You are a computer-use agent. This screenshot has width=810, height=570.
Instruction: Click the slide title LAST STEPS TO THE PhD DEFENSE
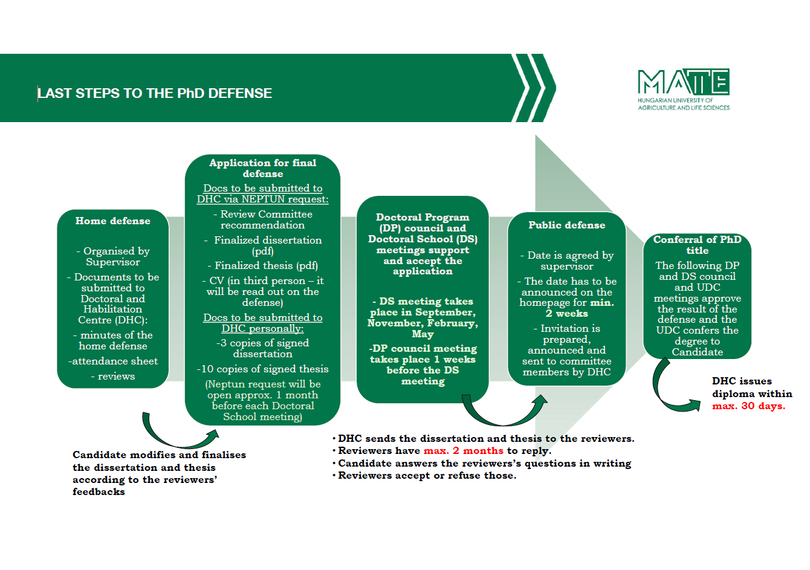coord(155,94)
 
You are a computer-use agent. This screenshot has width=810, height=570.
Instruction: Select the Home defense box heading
coord(113,221)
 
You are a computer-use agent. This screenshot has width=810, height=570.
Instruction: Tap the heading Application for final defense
coord(263,168)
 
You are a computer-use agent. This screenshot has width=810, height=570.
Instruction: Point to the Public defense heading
coord(566,225)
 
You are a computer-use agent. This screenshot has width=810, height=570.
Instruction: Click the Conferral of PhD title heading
coord(697,245)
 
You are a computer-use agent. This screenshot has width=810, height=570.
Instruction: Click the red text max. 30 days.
coord(748,406)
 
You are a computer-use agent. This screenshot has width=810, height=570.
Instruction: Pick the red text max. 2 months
coord(463,451)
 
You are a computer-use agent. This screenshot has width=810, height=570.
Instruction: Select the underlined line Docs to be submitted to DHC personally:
coord(263,323)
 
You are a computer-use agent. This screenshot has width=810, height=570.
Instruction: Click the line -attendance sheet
coord(113,361)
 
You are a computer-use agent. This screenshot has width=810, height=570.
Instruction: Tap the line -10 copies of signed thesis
coord(263,369)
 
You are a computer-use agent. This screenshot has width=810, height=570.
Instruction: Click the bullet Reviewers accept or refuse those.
coord(427,476)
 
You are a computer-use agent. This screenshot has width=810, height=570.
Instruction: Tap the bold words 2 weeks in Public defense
coord(566,314)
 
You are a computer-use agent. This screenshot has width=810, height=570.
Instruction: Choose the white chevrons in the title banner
coord(533,88)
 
